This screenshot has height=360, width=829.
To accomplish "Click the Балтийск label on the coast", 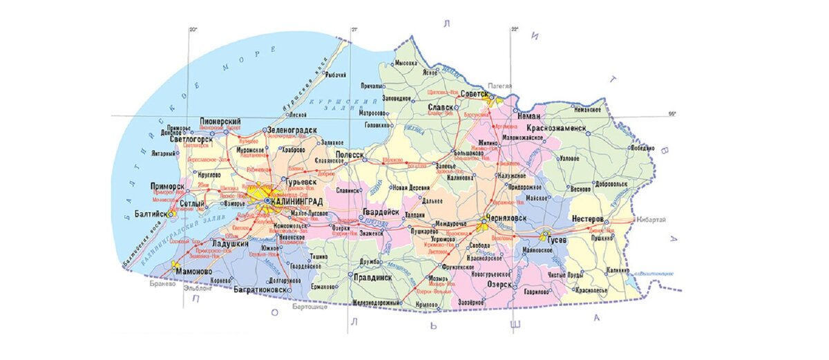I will (151, 214).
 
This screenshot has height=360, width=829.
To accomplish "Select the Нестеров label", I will (588, 218).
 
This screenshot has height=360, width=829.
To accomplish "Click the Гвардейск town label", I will (380, 213).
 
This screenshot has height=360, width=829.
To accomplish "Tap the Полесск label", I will (350, 155).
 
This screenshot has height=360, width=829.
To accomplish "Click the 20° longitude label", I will (193, 30).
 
